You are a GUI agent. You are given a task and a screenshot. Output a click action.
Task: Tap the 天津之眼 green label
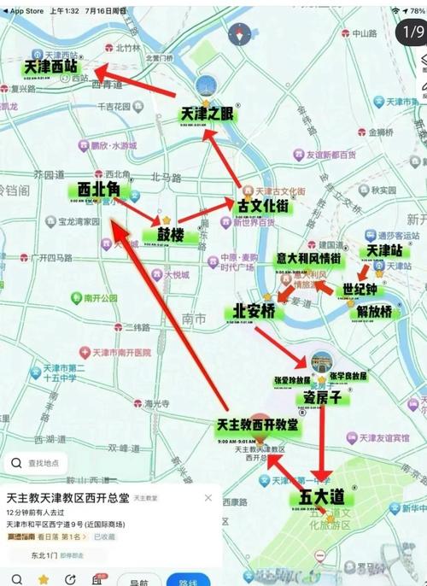click(206, 113)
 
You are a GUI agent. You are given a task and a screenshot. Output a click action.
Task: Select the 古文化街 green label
click(261, 206)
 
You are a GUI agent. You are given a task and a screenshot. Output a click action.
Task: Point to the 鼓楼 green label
click(171, 233)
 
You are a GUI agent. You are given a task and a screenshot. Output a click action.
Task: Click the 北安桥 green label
click(254, 311)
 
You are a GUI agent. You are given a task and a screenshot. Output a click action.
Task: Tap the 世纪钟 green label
click(360, 290)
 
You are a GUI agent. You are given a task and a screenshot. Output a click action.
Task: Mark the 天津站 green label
click(384, 250)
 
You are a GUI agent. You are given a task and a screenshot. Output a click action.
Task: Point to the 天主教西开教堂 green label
click(257, 425)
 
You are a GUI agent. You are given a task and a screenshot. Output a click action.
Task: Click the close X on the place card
click(208, 497)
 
